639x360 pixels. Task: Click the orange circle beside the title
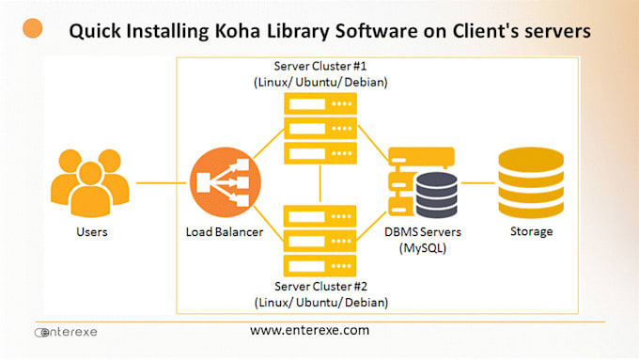coord(33,28)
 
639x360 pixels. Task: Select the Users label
coord(91,231)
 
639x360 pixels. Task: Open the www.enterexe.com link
coord(309,331)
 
